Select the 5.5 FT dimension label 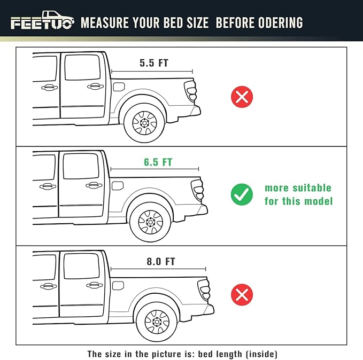coord(153,63)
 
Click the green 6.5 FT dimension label coord(158,162)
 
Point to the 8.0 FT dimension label coord(160,262)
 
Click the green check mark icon coord(242,195)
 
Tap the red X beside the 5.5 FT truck coord(242,97)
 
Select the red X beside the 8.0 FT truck coord(242,294)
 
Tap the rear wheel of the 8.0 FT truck coord(157,322)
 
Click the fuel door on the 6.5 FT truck coord(118,185)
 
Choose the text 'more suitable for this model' coord(298,194)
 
